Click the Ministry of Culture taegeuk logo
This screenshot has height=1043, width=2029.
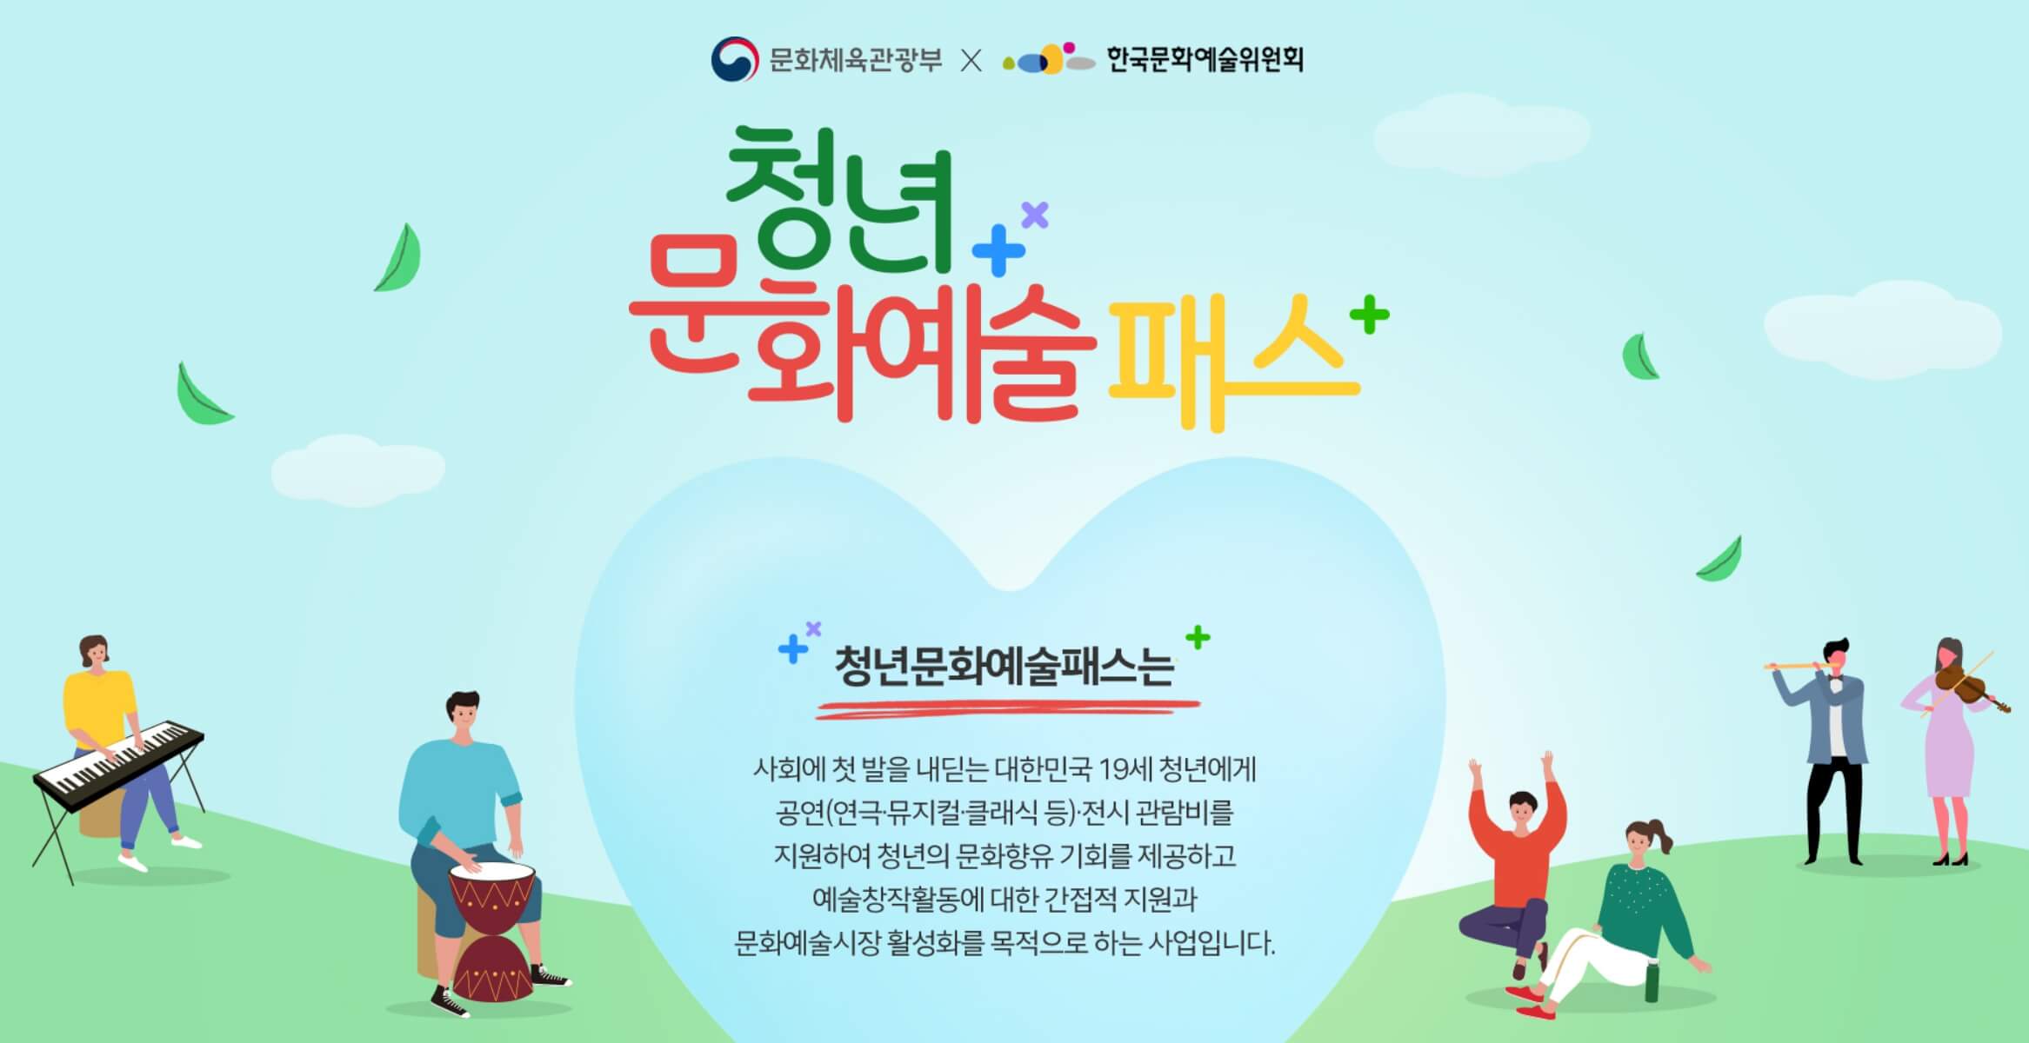click(x=734, y=59)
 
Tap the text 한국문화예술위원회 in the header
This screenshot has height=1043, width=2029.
click(x=1205, y=59)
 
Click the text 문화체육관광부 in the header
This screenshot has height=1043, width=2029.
click(x=855, y=60)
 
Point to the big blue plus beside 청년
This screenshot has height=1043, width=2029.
click(x=998, y=250)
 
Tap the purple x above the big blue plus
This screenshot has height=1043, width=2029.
click(x=1035, y=214)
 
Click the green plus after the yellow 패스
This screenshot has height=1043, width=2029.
click(x=1370, y=315)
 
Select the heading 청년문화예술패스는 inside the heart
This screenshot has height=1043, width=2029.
click(x=1004, y=668)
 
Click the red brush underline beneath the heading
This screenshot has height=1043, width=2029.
click(x=1007, y=708)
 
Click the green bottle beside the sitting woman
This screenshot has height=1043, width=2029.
click(x=1651, y=982)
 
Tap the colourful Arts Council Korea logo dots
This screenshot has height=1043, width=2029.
click(x=1048, y=59)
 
